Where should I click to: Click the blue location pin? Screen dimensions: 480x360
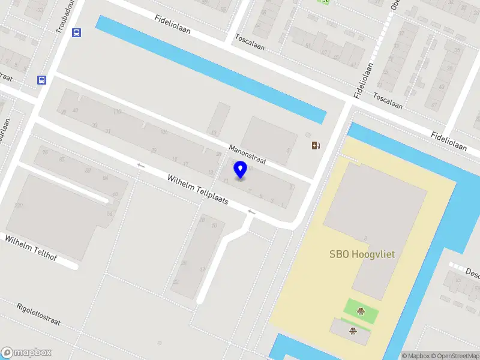[241, 170]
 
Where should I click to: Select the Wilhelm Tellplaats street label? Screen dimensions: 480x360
[197, 190]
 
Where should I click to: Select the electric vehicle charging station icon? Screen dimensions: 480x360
[316, 145]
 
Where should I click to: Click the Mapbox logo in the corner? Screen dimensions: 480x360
[26, 353]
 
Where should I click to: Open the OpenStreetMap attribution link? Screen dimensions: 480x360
[454, 356]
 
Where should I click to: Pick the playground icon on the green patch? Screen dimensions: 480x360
[361, 310]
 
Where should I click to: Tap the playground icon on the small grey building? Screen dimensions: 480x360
[352, 330]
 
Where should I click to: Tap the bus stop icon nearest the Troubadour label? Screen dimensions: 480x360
[77, 33]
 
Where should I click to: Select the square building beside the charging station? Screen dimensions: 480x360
[269, 139]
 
